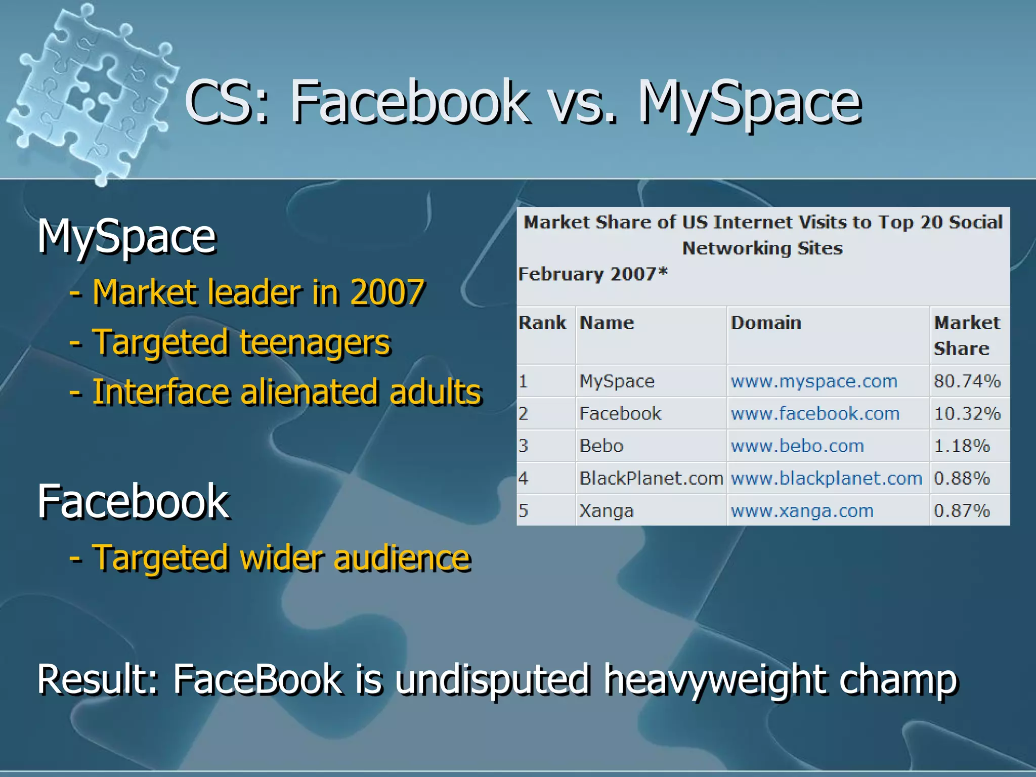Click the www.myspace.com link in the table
(x=814, y=381)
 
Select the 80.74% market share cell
(x=967, y=381)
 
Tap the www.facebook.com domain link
(x=815, y=413)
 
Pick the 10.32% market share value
(x=967, y=413)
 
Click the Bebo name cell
(x=601, y=446)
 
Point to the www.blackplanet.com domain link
(x=827, y=478)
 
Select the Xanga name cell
(x=606, y=510)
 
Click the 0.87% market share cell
(x=962, y=510)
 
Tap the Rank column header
(x=542, y=323)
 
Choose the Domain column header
(x=766, y=323)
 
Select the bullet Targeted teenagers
(x=241, y=342)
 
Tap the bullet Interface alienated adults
(x=286, y=392)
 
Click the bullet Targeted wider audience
(x=281, y=557)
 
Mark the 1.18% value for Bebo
(x=962, y=446)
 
